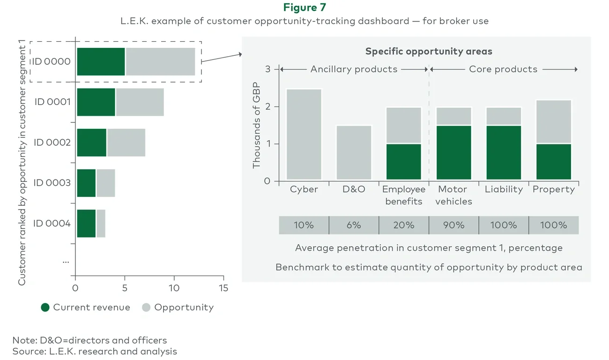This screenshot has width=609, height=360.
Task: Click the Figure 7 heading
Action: click(x=304, y=7)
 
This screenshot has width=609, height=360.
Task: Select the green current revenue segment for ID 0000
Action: click(x=101, y=61)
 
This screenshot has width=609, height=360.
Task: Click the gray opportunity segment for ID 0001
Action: click(x=140, y=102)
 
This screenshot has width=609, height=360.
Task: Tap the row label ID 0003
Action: click(x=52, y=183)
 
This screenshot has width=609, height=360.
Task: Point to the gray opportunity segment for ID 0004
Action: click(x=101, y=223)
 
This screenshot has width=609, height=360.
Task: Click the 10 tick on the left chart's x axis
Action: click(x=174, y=288)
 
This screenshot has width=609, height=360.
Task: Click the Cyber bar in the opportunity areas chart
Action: click(x=304, y=134)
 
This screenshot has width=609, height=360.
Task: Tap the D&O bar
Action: click(x=354, y=152)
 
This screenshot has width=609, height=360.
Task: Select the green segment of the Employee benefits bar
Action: click(x=404, y=162)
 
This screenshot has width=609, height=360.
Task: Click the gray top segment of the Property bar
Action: click(x=554, y=122)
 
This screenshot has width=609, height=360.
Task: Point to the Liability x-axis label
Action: click(x=504, y=189)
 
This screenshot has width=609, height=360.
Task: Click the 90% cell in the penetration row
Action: click(x=453, y=225)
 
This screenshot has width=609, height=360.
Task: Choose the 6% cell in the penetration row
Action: click(x=354, y=225)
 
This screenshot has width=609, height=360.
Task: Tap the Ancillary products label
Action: click(x=354, y=69)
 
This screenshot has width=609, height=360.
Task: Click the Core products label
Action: click(x=503, y=69)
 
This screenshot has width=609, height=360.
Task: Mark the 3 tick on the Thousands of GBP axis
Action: click(x=267, y=69)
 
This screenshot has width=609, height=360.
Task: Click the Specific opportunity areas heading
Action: click(x=428, y=51)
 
